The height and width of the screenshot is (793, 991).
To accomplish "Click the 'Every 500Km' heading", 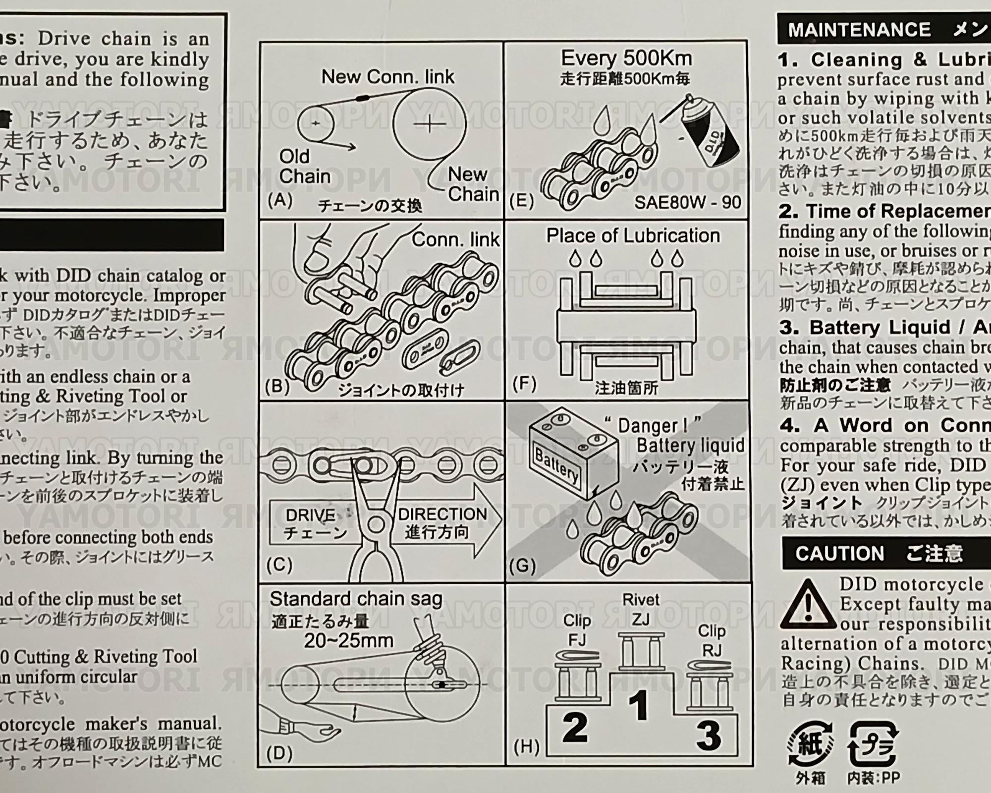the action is pyautogui.click(x=626, y=58).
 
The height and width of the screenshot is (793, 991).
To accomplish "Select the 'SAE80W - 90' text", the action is pyautogui.click(x=687, y=202).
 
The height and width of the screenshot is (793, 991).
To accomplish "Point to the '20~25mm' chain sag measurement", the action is pyautogui.click(x=348, y=641).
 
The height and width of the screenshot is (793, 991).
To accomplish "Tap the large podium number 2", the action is pyautogui.click(x=575, y=728).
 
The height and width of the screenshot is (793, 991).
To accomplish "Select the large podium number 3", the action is pyautogui.click(x=709, y=736).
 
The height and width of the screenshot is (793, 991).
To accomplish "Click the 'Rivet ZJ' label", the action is pyautogui.click(x=641, y=609).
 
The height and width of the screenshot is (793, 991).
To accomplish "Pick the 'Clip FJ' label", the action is pyautogui.click(x=577, y=630).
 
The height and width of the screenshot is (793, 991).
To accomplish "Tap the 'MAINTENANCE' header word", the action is pyautogui.click(x=859, y=30).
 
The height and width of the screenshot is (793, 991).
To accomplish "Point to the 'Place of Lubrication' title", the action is pyautogui.click(x=633, y=236).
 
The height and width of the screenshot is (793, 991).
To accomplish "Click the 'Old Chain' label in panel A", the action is pyautogui.click(x=304, y=167).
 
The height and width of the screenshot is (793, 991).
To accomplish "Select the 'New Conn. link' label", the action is pyautogui.click(x=387, y=77).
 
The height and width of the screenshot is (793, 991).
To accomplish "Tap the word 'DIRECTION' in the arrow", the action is pyautogui.click(x=442, y=514).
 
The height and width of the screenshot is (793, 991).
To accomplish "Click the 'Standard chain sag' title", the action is pyautogui.click(x=356, y=599).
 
